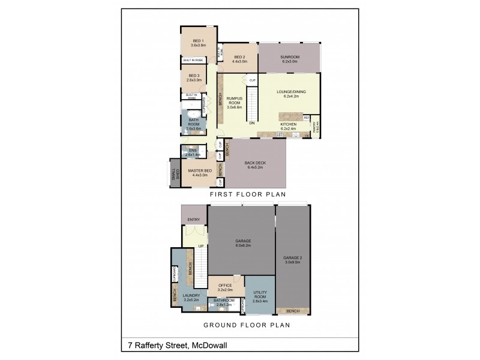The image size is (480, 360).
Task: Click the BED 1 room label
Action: (199, 40)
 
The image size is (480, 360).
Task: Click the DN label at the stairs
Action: (252, 124)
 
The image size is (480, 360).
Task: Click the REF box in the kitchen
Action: (306, 118)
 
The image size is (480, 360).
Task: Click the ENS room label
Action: (193, 150)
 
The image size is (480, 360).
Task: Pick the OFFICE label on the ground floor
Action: (225, 285)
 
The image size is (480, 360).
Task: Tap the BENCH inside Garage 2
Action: (293, 311)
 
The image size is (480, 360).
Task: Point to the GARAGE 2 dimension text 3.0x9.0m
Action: (293, 262)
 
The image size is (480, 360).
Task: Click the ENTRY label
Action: (193, 220)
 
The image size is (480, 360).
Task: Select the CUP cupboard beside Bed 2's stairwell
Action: (253, 80)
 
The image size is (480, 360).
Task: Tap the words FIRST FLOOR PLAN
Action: (247, 195)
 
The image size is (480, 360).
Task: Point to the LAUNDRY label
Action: (192, 295)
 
